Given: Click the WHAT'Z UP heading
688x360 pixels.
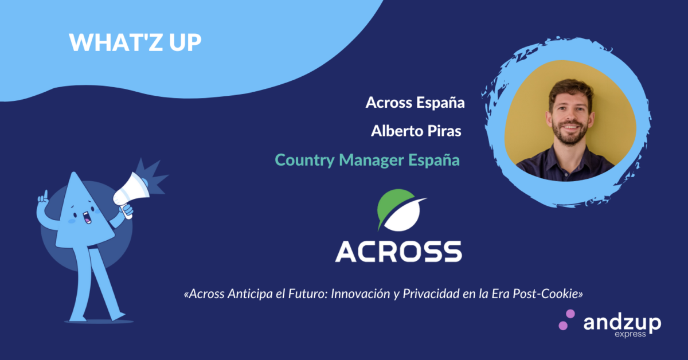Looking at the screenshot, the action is (x=135, y=42).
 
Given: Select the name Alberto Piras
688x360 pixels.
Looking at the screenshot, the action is (x=416, y=131).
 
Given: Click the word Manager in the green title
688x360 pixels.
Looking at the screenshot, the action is (x=372, y=161).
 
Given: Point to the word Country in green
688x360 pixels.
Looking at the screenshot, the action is (x=304, y=161).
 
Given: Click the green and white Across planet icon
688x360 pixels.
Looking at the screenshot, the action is (x=401, y=210).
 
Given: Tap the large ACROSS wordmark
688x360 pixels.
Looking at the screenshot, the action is (x=398, y=251).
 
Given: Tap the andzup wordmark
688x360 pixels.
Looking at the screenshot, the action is (x=622, y=323).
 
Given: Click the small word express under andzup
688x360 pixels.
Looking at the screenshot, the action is (x=630, y=334).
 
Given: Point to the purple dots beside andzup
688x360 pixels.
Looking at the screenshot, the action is (x=566, y=320).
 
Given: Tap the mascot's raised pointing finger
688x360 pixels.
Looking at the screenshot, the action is (x=46, y=195).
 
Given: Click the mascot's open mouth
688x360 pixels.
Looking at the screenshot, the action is (x=87, y=217).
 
